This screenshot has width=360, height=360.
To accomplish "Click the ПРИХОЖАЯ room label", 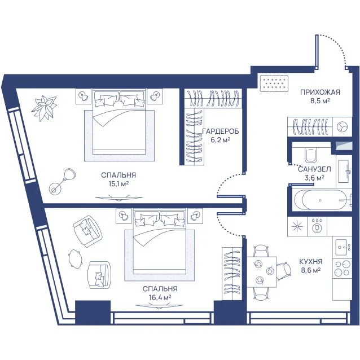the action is pos(320,93).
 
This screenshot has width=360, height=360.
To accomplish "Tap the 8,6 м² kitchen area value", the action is pos(311,270).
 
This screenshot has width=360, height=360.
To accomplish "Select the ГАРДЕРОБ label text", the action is pos(221,131).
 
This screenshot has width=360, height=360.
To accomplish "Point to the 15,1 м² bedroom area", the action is pos(118,184).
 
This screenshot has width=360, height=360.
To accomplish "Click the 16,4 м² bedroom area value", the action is pos(160,297).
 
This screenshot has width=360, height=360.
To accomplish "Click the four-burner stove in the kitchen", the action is pos(343,269).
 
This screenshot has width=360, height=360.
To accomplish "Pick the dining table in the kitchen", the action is pos(261,272).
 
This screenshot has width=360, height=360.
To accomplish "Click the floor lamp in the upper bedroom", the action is pos(63,181).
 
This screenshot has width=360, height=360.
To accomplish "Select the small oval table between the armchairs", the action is pos(75,259).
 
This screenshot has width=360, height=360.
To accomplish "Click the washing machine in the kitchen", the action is pos(317,226).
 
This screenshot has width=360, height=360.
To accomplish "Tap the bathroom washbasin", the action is pos(344,171).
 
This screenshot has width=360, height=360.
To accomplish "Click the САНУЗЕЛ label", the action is pos(314,169).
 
